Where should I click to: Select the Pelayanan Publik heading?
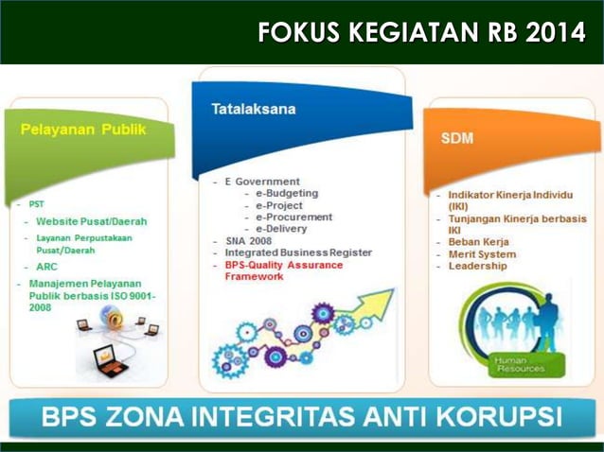click(x=83, y=130)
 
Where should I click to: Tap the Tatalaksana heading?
click(x=254, y=109)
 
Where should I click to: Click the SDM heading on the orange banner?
click(x=457, y=138)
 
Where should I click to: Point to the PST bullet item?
click(x=36, y=203)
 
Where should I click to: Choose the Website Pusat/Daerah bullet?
click(x=92, y=221)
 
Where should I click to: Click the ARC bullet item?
click(x=46, y=267)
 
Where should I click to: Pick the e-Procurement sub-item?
click(x=293, y=217)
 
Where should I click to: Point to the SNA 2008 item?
click(x=250, y=241)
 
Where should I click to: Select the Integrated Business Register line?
click(x=298, y=252)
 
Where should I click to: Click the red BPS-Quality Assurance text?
click(x=283, y=265)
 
